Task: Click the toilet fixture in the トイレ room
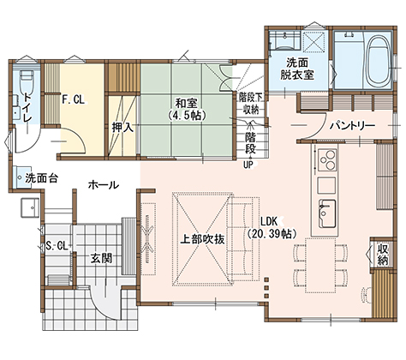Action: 27,81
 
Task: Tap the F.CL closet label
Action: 74,99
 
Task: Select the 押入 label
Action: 122,128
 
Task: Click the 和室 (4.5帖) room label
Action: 187,109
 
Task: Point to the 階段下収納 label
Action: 251,103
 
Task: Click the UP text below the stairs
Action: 249,165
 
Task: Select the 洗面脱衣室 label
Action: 297,69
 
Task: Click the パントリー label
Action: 352,126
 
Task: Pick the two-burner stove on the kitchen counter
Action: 326,160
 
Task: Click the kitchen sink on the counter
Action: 327,213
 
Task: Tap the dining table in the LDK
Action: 320,266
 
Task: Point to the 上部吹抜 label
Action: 202,239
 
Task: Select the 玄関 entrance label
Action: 101,258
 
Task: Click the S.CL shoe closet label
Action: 57,246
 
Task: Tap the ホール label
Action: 104,185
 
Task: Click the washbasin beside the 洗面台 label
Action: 21,177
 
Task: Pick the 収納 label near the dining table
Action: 383,255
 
